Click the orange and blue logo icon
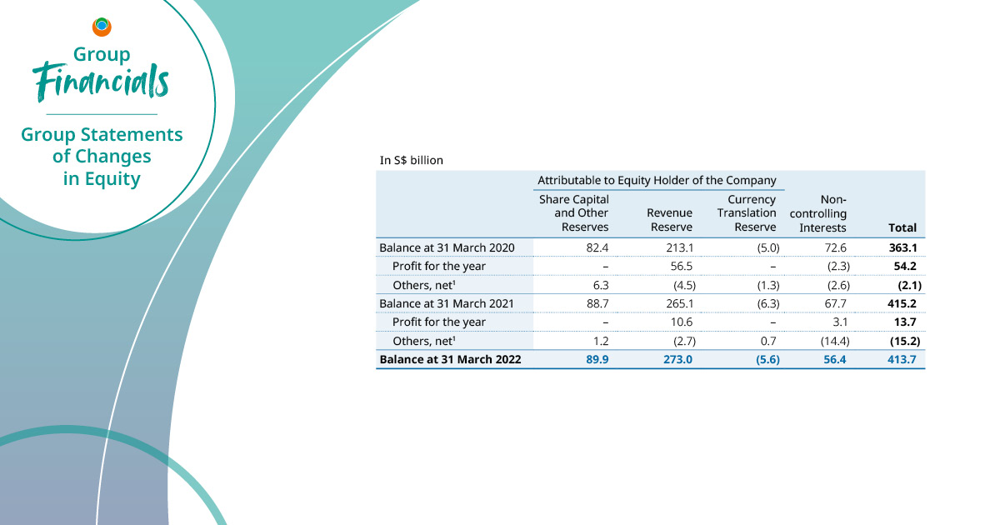tap(102, 27)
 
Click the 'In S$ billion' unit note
tap(411, 159)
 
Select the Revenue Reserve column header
tap(669, 220)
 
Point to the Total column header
tap(902, 227)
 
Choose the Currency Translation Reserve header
tap(747, 213)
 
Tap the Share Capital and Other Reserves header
tap(574, 213)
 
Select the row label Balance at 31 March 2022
tap(450, 360)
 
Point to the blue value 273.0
tap(677, 360)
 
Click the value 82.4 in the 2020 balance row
tap(597, 247)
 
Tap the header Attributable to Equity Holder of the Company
tap(657, 180)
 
